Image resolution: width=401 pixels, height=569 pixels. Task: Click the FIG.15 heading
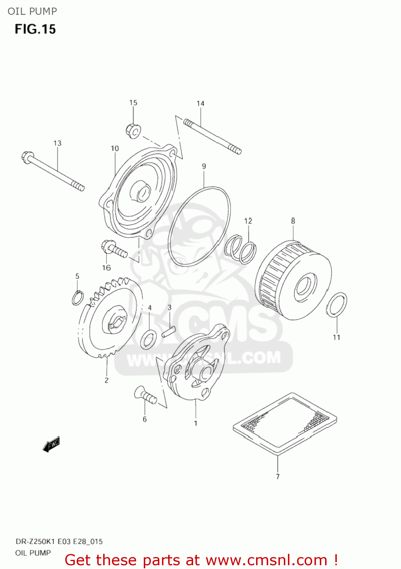pyautogui.click(x=35, y=29)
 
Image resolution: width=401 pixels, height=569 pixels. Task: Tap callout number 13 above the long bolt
pyautogui.click(x=57, y=143)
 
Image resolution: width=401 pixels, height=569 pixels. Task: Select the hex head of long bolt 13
pyautogui.click(x=28, y=156)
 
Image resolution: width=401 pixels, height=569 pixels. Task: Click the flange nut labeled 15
pyautogui.click(x=133, y=130)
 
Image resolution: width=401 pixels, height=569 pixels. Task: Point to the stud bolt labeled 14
pyautogui.click(x=212, y=137)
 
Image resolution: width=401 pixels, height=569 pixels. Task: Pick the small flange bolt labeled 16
pyautogui.click(x=114, y=250)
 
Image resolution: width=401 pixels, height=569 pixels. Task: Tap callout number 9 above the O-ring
pyautogui.click(x=204, y=166)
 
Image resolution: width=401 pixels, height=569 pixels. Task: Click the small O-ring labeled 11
pyautogui.click(x=337, y=305)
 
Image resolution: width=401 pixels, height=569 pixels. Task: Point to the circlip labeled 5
pyautogui.click(x=77, y=298)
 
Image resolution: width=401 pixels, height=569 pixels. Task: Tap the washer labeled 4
pyautogui.click(x=148, y=339)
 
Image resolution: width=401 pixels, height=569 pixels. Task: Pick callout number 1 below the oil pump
pyautogui.click(x=196, y=423)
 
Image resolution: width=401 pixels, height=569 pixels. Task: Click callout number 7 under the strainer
pyautogui.click(x=278, y=476)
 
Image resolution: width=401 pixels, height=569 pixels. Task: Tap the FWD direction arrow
pyautogui.click(x=51, y=444)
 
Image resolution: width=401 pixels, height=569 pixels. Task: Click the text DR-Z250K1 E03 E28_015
pyautogui.click(x=59, y=541)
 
